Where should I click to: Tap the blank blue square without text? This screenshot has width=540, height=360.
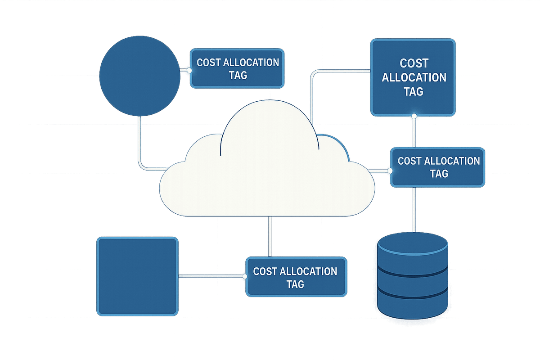(x=138, y=276)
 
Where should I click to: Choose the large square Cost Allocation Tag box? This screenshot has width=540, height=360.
(x=413, y=77)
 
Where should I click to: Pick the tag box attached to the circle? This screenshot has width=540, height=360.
(x=238, y=68)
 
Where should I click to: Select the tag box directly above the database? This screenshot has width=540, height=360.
(x=438, y=166)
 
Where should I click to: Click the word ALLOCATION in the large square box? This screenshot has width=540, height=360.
(x=414, y=77)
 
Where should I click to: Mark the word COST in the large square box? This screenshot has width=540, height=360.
(x=414, y=63)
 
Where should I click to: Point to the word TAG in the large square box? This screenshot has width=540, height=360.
(x=414, y=91)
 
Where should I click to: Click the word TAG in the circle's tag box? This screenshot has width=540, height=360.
(x=238, y=75)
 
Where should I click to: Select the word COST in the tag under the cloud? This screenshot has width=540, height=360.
(x=265, y=271)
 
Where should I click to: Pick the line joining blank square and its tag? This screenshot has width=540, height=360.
(x=211, y=276)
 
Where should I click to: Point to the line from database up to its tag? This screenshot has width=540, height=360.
(x=414, y=209)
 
